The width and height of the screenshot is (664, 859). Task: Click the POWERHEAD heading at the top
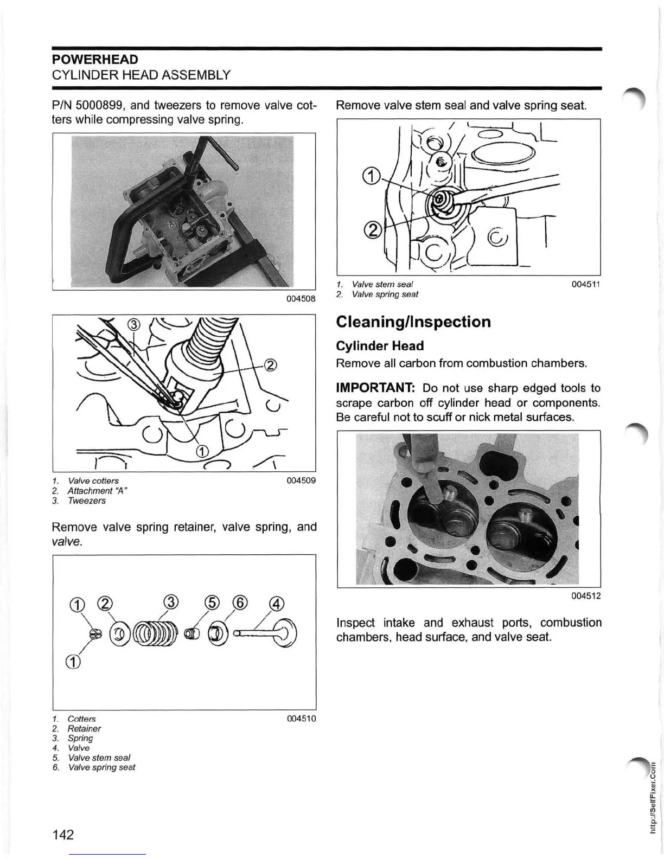point(95,59)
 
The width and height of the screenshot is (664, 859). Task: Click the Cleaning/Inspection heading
point(413,322)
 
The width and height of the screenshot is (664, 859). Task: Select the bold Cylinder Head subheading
point(380,346)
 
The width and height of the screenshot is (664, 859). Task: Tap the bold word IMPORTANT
point(375,388)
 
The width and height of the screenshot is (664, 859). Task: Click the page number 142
point(63,834)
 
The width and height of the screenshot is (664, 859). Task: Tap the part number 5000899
point(103,105)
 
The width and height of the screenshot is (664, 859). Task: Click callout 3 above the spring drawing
point(170,602)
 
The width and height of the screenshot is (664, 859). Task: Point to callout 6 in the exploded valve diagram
point(240,602)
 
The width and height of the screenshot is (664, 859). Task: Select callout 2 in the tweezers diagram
point(271,364)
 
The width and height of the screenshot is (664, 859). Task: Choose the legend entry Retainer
point(84,728)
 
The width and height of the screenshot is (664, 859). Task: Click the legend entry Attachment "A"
point(97,491)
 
